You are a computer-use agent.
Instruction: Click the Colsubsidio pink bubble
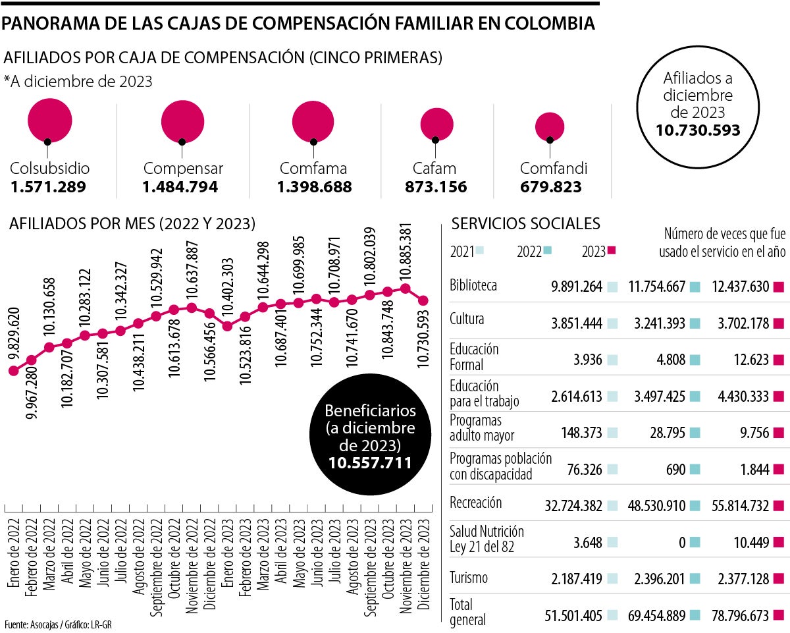pos(49,119)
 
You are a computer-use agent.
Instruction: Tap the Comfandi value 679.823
pos(550,187)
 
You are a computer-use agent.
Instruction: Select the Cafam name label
pos(434,168)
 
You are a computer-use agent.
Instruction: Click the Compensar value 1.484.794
pos(180,187)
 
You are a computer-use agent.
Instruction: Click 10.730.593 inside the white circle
pos(698,130)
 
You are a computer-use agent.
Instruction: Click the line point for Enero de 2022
pos(13,371)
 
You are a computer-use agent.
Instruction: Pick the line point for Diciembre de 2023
pos(423,300)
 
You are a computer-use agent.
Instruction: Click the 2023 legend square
pos(610,251)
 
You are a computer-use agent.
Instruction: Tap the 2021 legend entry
pos(467,251)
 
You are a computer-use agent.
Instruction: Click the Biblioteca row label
pos(473,286)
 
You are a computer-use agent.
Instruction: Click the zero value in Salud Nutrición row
pos(681,542)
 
